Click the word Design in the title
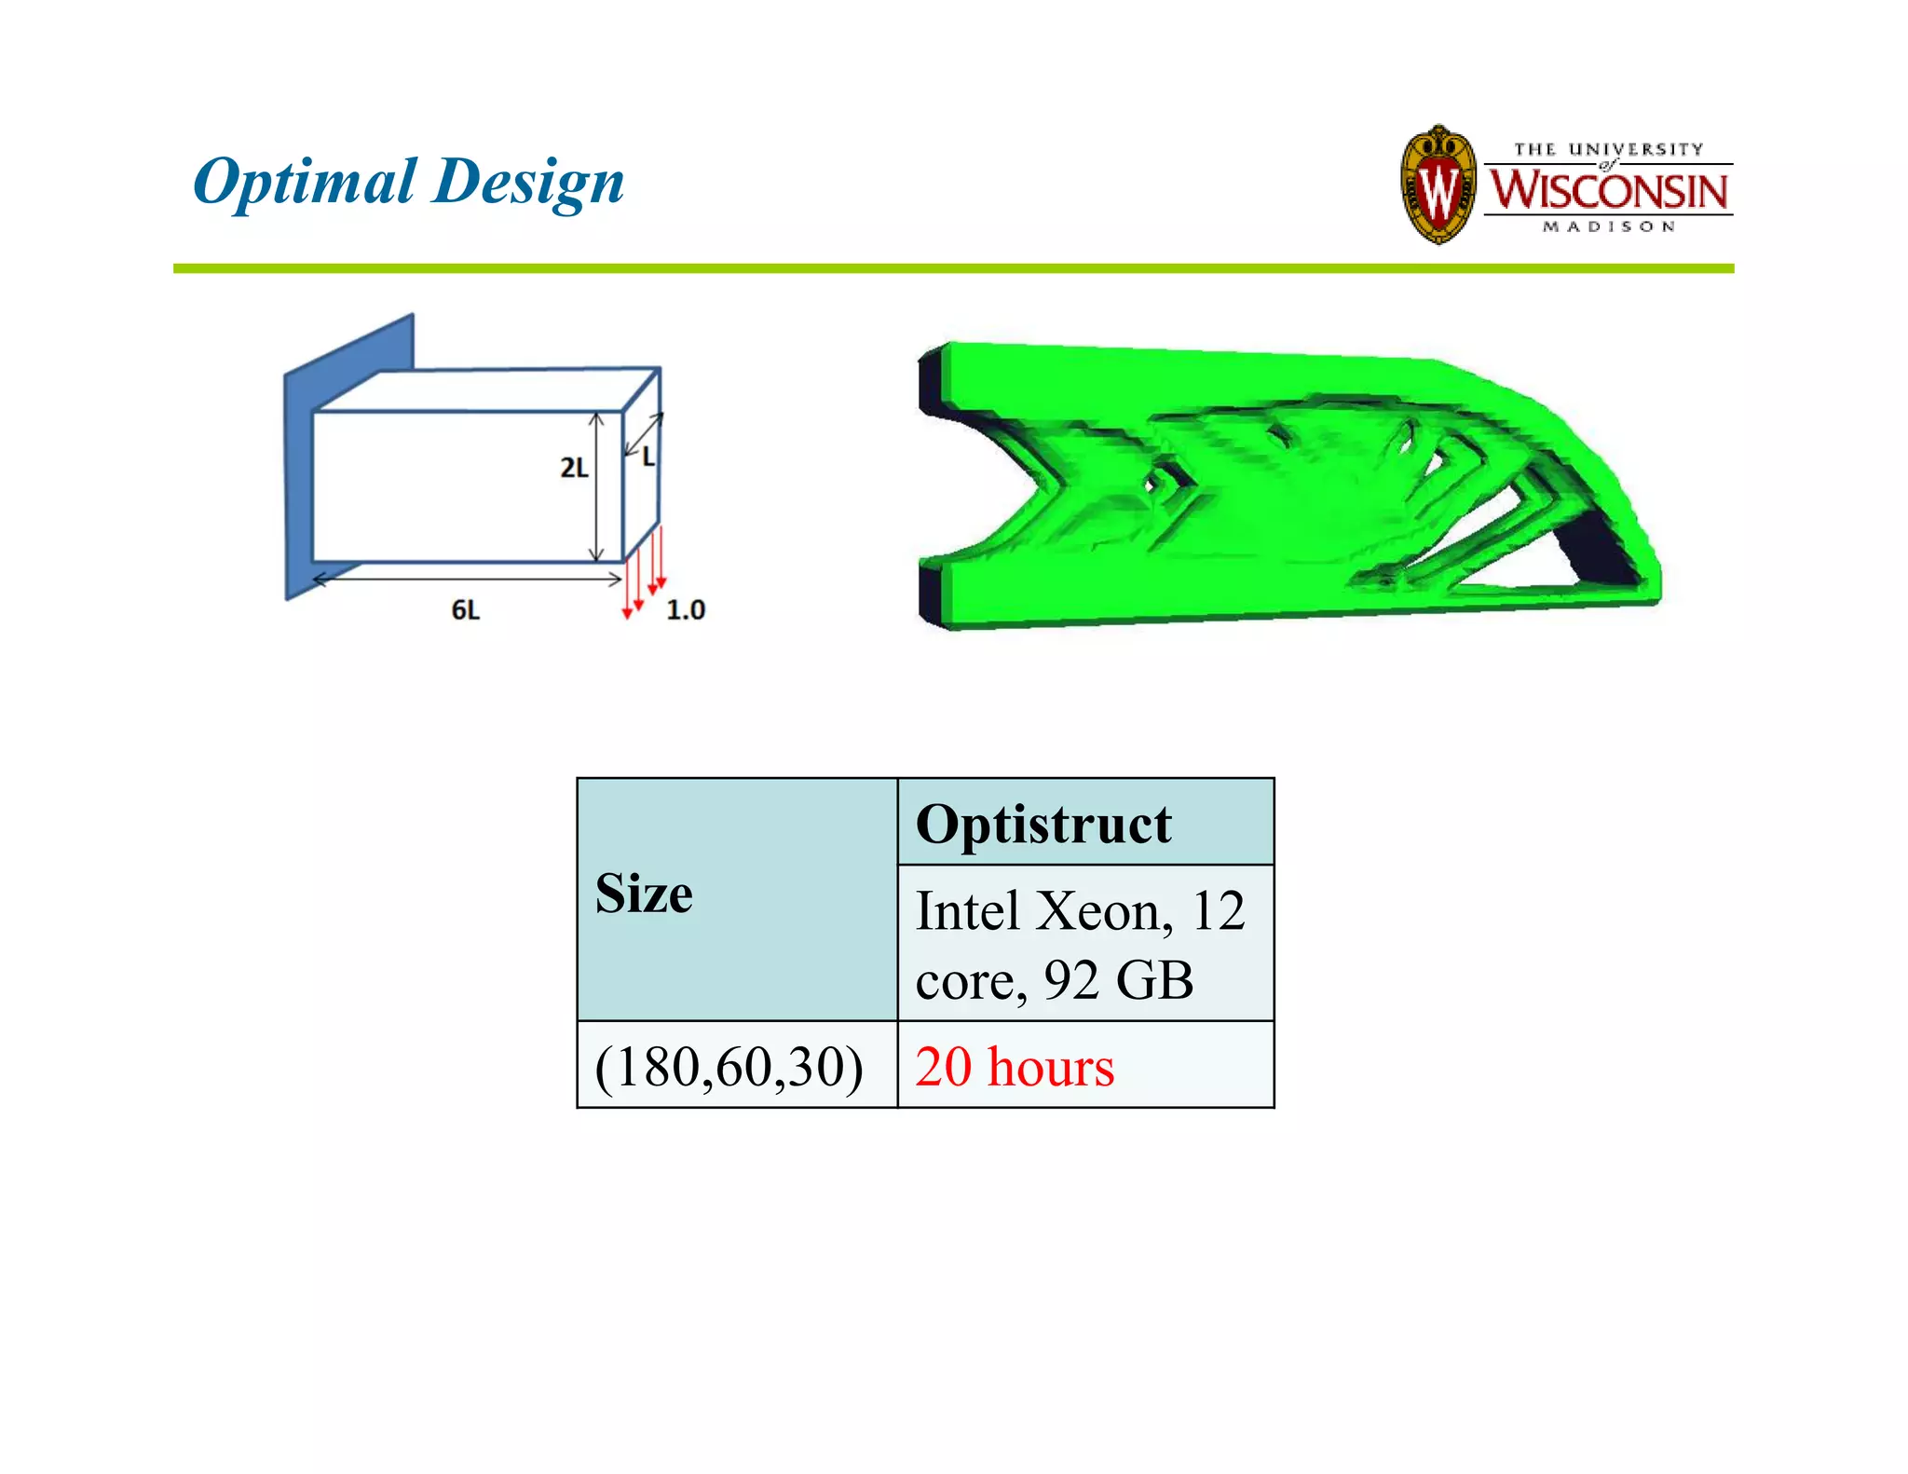click(x=528, y=181)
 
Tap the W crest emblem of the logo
click(x=1438, y=185)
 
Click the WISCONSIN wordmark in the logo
click(x=1608, y=190)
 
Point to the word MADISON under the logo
click(x=1609, y=226)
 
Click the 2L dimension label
click(x=574, y=468)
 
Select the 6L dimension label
click(x=466, y=610)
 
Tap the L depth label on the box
click(x=648, y=457)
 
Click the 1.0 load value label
click(x=686, y=610)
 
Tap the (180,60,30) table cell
click(x=729, y=1066)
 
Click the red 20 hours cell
click(x=1015, y=1066)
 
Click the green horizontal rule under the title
click(x=953, y=268)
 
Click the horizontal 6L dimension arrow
click(x=466, y=580)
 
